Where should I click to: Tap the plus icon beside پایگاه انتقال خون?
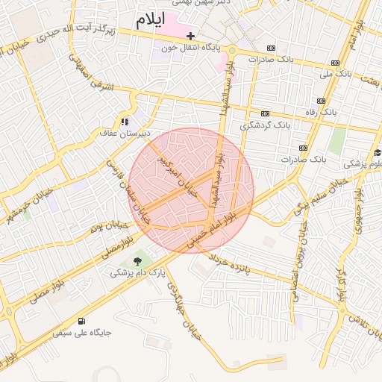[191, 35]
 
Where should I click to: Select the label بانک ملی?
[334, 74]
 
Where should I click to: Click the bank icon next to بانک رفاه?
[321, 101]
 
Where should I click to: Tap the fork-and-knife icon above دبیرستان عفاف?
[125, 121]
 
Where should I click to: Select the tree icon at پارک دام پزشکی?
[137, 260]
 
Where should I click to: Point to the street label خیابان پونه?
[105, 225]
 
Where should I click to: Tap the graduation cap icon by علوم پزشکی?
[378, 153]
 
